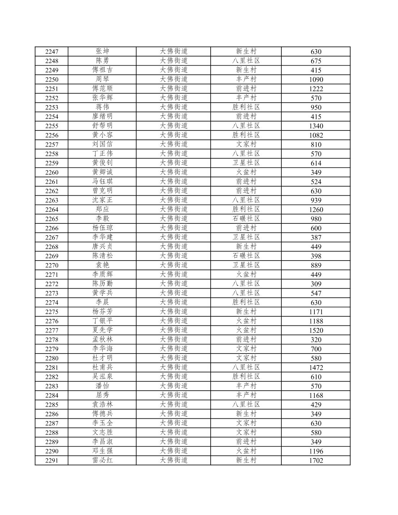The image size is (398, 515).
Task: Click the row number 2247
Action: point(52,52)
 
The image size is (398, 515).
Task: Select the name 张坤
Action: point(102,51)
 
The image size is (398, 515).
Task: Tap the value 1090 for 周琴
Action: point(316,79)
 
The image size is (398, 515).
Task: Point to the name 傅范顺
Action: point(102,88)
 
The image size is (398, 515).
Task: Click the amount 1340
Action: point(316,126)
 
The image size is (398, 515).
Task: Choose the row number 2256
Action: point(52,135)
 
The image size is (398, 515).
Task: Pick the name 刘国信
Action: point(102,144)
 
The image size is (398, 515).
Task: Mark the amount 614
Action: point(316,163)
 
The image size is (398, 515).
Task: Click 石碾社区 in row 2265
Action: point(246,218)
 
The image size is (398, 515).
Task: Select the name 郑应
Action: point(102,209)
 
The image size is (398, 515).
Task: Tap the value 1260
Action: point(316,209)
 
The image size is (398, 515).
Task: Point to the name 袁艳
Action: point(102,265)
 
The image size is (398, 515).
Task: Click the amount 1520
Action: point(316,330)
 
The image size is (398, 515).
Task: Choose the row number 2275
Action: point(52,312)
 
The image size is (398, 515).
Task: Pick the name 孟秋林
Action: point(102,339)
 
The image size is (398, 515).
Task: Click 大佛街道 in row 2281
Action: point(174,367)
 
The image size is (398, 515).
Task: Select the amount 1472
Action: point(316,368)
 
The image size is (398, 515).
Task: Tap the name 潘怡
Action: point(102,386)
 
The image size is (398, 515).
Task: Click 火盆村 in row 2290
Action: point(246,451)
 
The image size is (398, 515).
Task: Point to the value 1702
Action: point(316,460)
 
